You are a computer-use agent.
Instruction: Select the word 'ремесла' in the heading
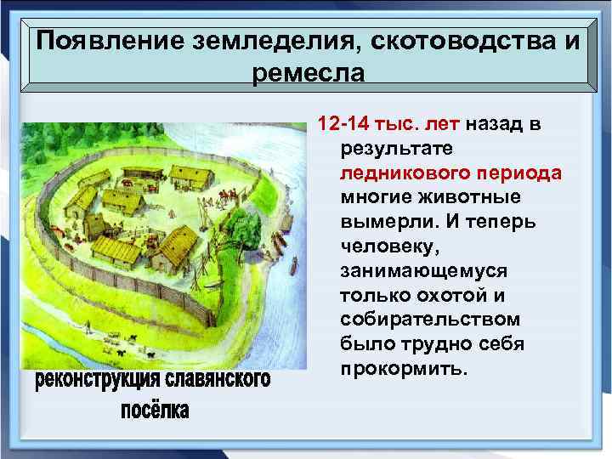tap(309, 72)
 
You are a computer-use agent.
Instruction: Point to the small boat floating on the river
tap(294, 264)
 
